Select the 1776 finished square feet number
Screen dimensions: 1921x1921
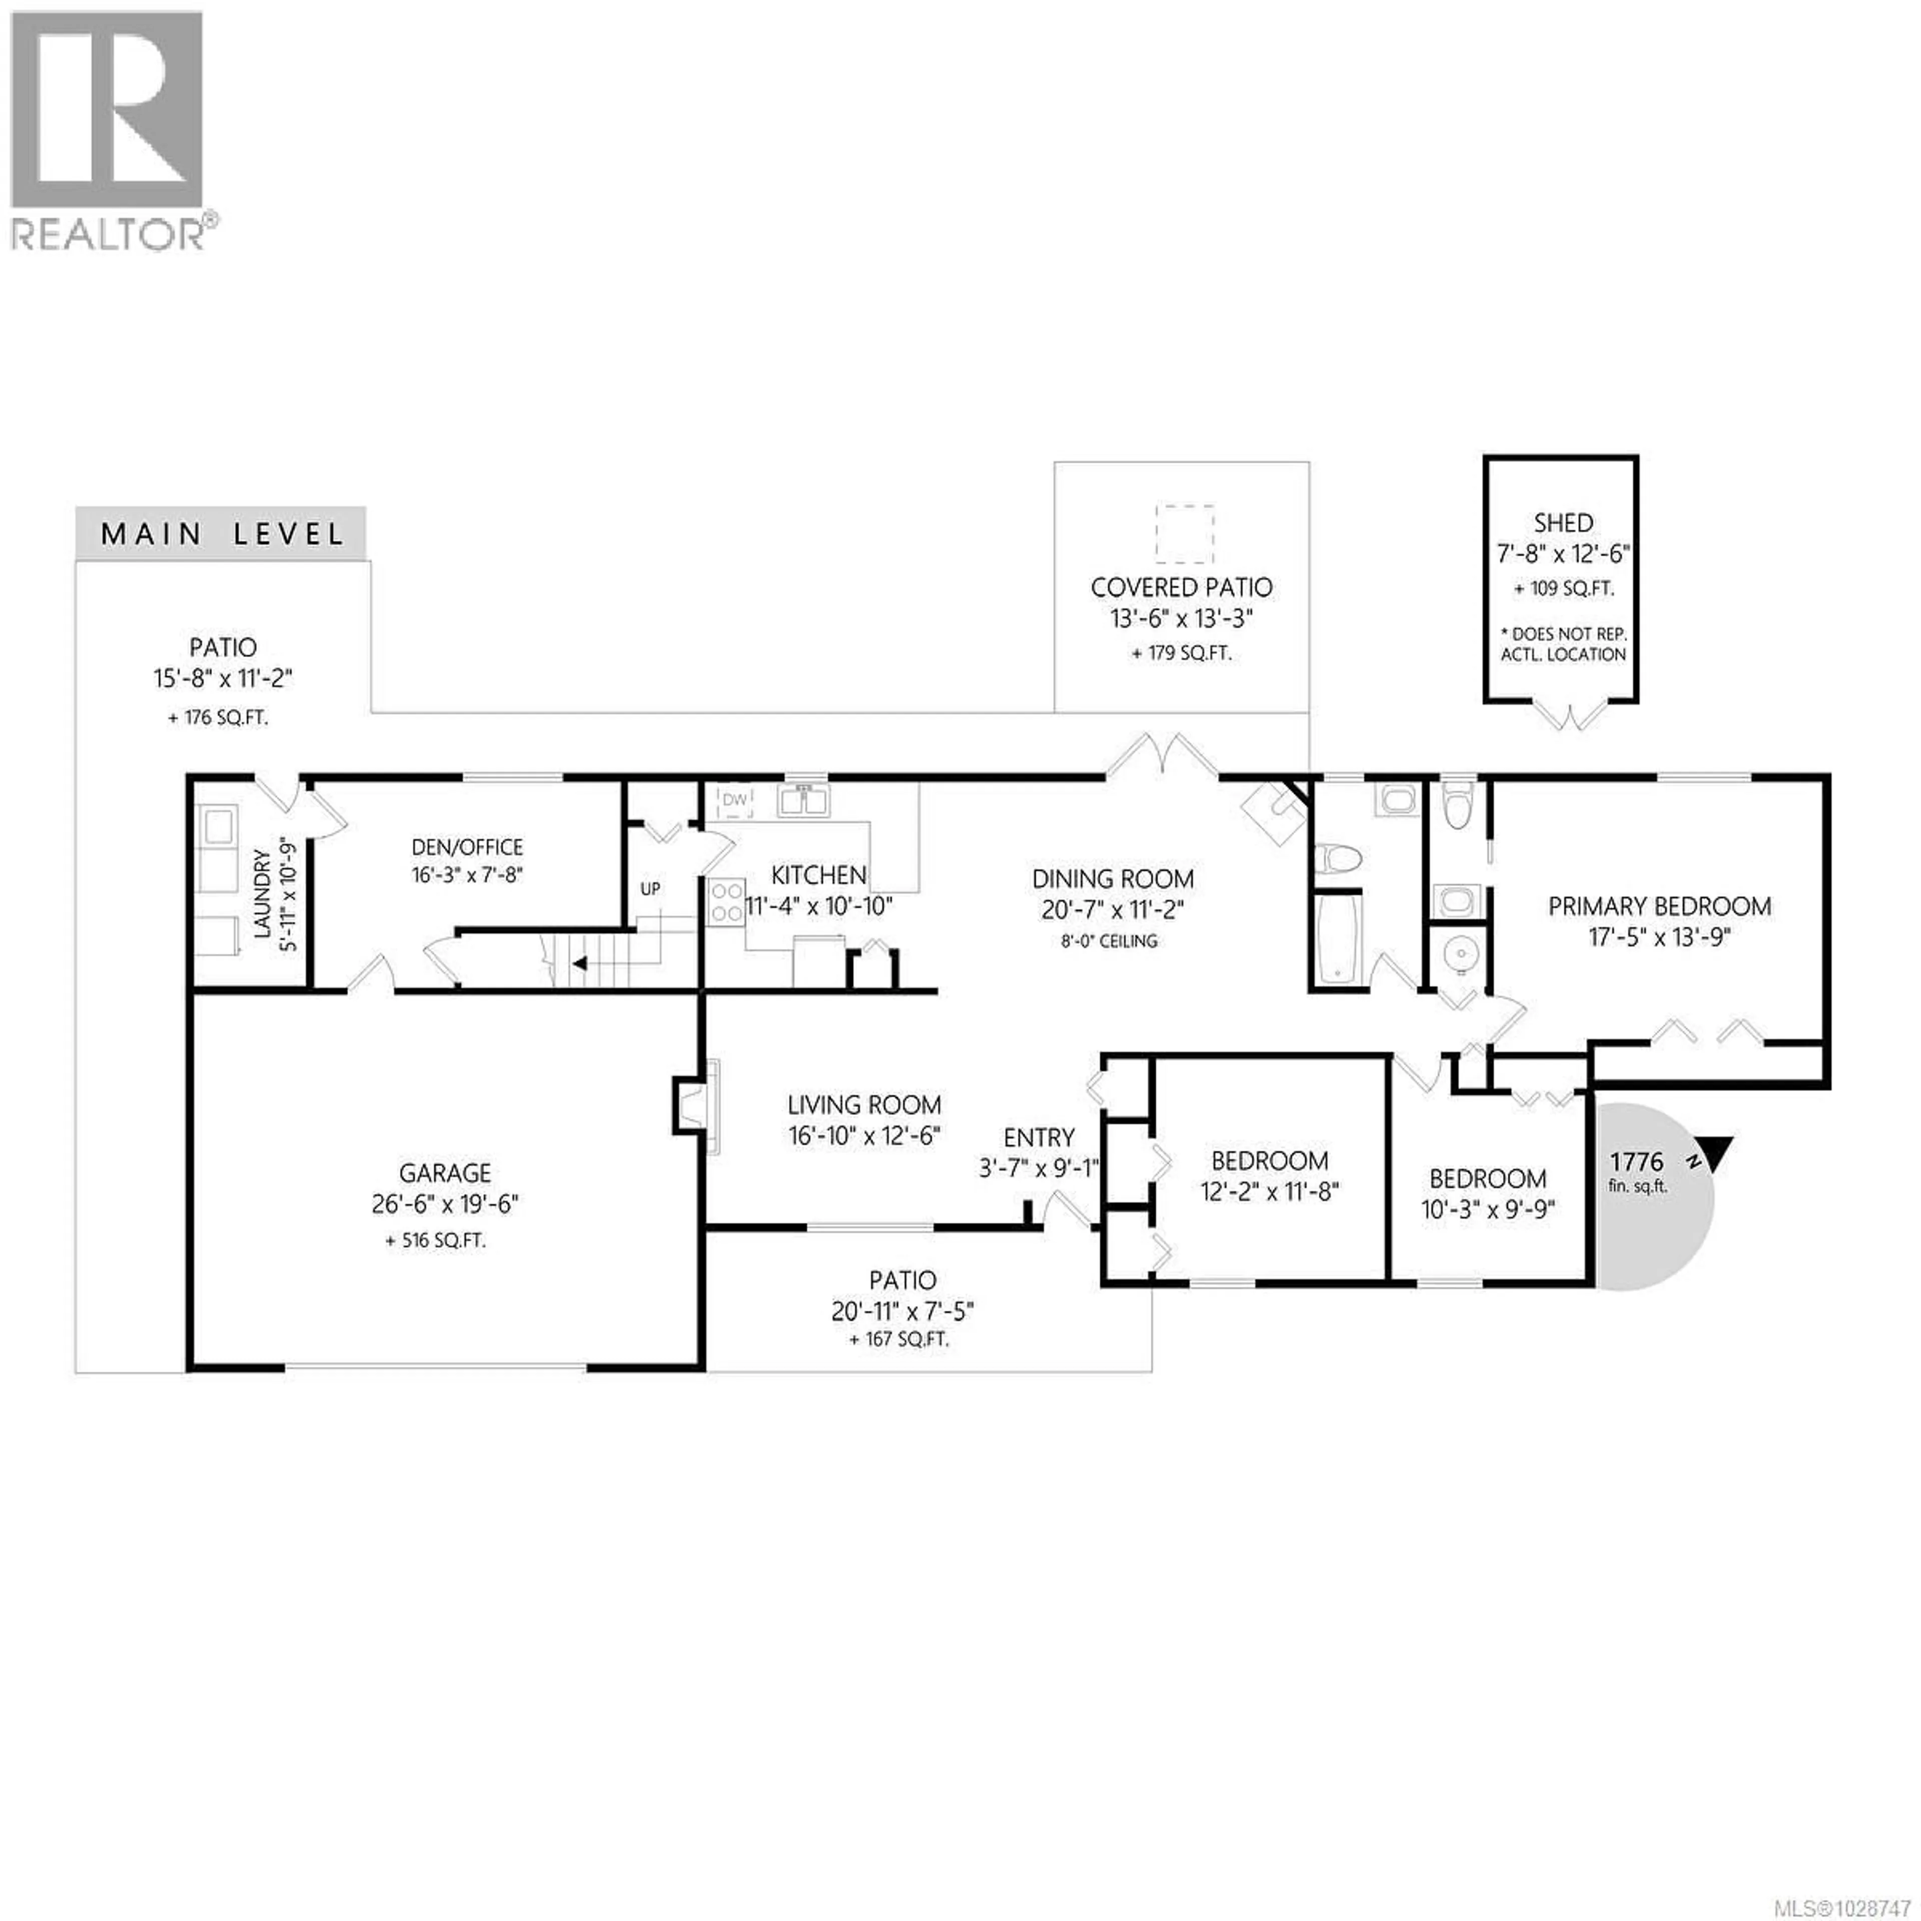pyautogui.click(x=1637, y=1161)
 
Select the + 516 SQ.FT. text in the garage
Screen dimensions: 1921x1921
pyautogui.click(x=436, y=1241)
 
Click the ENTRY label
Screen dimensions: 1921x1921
pyautogui.click(x=1039, y=1138)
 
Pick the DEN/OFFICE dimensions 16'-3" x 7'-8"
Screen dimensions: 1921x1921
pyautogui.click(x=467, y=875)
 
